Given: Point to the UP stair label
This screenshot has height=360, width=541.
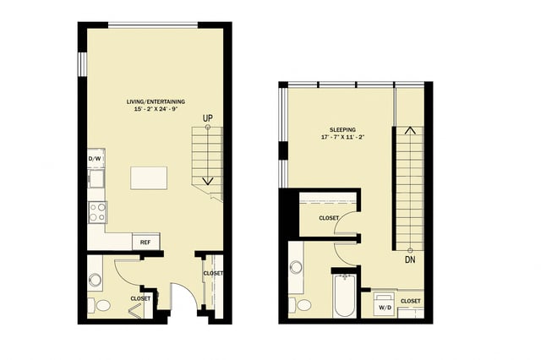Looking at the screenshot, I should (208, 117).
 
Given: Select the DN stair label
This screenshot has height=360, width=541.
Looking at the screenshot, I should (410, 260).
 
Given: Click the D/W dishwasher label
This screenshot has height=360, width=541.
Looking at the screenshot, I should (95, 159).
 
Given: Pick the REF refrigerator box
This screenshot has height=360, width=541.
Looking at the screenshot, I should (146, 243).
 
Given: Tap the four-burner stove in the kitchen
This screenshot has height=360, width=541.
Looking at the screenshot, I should (97, 212).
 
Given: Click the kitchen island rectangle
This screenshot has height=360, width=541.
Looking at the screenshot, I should (148, 178).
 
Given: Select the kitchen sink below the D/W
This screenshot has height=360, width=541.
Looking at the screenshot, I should (96, 178).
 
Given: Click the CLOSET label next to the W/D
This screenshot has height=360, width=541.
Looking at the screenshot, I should (411, 301).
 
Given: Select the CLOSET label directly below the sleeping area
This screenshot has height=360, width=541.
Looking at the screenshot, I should (329, 218).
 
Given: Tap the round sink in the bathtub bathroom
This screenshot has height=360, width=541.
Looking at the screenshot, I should (296, 267).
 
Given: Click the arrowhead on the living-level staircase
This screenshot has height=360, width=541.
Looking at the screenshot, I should (208, 182).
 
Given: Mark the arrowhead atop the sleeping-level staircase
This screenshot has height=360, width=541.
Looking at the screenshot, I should (409, 130).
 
